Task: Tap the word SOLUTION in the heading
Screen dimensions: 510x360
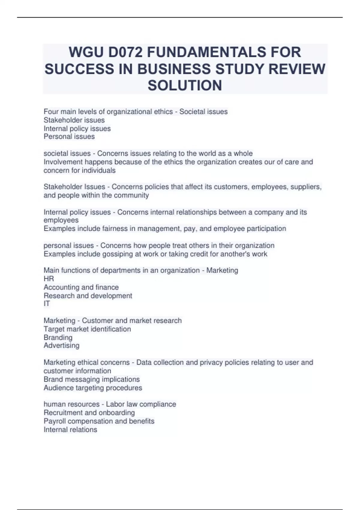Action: (x=185, y=85)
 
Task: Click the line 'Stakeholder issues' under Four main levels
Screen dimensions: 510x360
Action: (x=74, y=120)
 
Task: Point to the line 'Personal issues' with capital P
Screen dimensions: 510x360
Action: (x=69, y=136)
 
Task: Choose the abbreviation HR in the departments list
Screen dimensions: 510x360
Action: (x=49, y=279)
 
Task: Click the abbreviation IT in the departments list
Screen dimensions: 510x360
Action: (x=46, y=304)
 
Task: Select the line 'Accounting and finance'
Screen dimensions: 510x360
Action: (x=81, y=287)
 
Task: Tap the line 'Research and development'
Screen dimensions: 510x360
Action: (x=88, y=295)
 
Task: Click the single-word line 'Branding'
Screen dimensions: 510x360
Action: (x=58, y=337)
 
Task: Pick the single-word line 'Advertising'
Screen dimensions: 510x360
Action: (x=61, y=346)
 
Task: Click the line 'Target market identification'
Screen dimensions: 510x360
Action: (x=87, y=329)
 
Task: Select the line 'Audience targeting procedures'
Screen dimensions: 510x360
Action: (x=93, y=388)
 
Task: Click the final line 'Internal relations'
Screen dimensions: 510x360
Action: (x=70, y=430)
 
